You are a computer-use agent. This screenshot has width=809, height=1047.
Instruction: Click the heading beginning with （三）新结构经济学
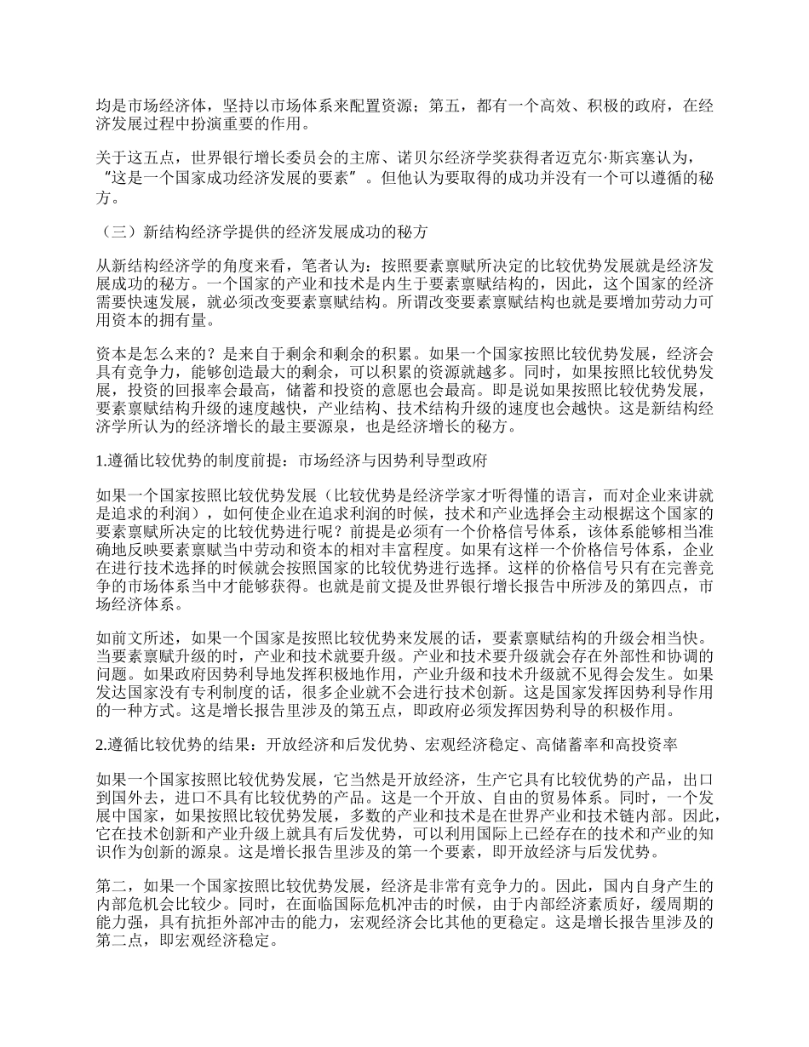tap(264, 232)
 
